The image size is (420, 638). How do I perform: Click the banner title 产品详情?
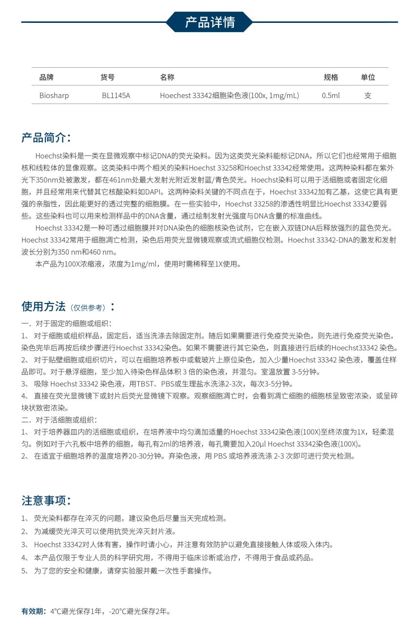click(x=210, y=22)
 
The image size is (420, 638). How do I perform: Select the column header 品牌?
click(x=46, y=77)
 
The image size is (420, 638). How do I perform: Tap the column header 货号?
click(x=107, y=77)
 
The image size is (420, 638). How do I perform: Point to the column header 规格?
click(x=331, y=77)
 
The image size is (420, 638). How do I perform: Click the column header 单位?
click(x=368, y=77)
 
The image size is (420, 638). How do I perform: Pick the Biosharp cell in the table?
click(x=54, y=96)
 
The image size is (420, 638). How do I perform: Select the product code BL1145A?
click(x=116, y=96)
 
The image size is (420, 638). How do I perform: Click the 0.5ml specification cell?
click(x=331, y=96)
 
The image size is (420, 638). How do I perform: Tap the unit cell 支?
click(x=368, y=96)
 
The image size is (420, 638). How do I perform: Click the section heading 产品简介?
click(x=46, y=138)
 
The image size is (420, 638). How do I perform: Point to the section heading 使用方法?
click(x=43, y=307)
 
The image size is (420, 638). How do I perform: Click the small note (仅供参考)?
click(x=88, y=308)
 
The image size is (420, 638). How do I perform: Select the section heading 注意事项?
click(x=46, y=500)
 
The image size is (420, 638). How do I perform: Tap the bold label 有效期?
click(x=33, y=611)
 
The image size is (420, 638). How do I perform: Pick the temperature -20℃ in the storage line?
click(x=118, y=611)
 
